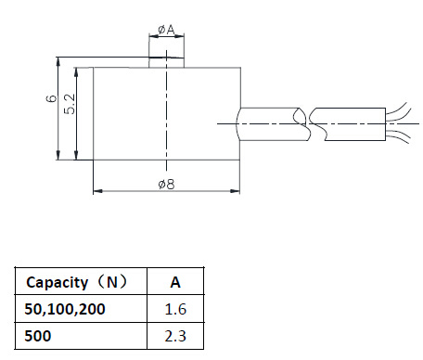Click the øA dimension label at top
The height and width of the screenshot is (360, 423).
point(166,30)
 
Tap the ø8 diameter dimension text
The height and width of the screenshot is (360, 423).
point(166,185)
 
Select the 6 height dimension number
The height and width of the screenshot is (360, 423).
point(51,98)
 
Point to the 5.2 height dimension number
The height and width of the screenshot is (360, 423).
point(70,104)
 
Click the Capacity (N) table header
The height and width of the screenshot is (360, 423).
point(77,282)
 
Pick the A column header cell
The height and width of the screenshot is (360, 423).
point(175,282)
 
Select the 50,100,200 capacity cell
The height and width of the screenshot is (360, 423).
point(65,309)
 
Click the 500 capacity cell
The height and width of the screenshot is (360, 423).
point(38,336)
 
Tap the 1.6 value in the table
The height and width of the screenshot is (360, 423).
point(175,309)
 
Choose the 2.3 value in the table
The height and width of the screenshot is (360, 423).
point(175,336)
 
